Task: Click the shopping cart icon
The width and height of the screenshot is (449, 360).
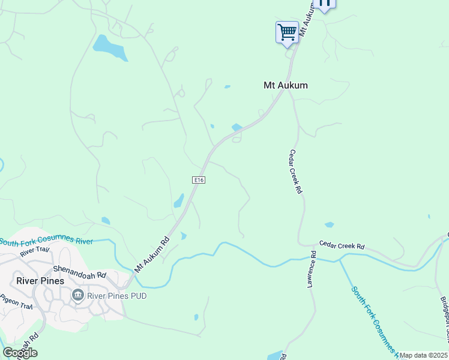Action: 287,32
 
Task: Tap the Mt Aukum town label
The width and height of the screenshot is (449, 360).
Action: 286,85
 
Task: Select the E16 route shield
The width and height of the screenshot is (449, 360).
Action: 199,180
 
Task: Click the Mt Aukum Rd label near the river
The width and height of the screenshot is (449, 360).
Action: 152,254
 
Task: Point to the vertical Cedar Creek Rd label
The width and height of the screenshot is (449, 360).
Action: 295,172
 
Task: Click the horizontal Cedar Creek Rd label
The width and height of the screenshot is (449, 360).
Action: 342,246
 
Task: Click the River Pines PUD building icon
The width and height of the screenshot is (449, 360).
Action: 77,295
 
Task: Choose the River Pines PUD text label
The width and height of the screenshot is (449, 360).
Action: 116,296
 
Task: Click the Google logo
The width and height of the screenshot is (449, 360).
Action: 19,352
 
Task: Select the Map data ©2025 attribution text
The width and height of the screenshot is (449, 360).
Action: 423,355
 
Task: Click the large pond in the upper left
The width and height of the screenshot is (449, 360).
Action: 110,48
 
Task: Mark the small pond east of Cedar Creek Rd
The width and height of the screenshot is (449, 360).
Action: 329,225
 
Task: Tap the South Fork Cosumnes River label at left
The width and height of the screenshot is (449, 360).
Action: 46,241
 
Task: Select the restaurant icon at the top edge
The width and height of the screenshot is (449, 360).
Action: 325,3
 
